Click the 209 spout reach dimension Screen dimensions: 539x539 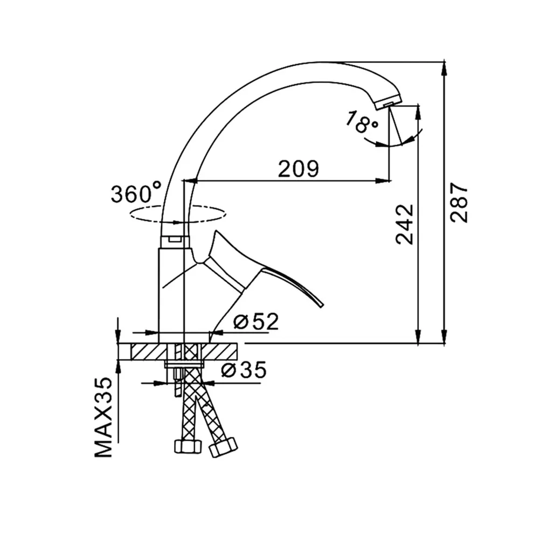(299, 168)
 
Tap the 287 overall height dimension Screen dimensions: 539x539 (459, 203)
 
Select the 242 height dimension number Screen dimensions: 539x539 (405, 224)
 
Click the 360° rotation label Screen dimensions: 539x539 (136, 192)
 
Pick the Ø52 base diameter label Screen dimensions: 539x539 (255, 322)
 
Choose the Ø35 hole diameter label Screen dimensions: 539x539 (244, 370)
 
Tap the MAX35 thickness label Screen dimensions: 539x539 (103, 417)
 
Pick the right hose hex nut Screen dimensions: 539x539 (224, 447)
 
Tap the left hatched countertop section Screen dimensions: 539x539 (150, 351)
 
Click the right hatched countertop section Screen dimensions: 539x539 (219, 351)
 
